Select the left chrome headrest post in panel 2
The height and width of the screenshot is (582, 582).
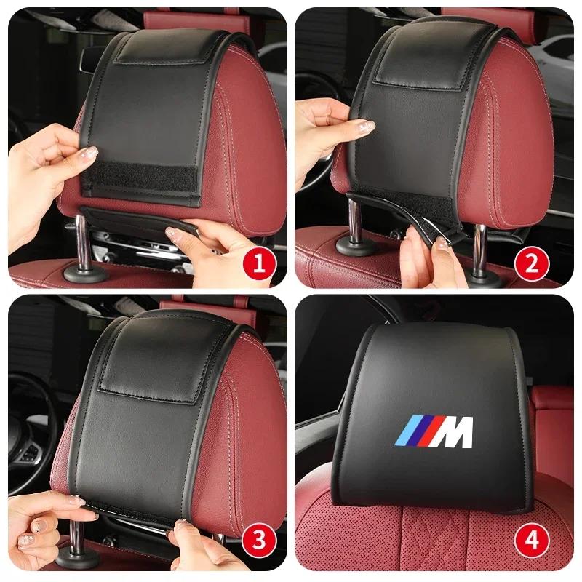click(355, 222)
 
